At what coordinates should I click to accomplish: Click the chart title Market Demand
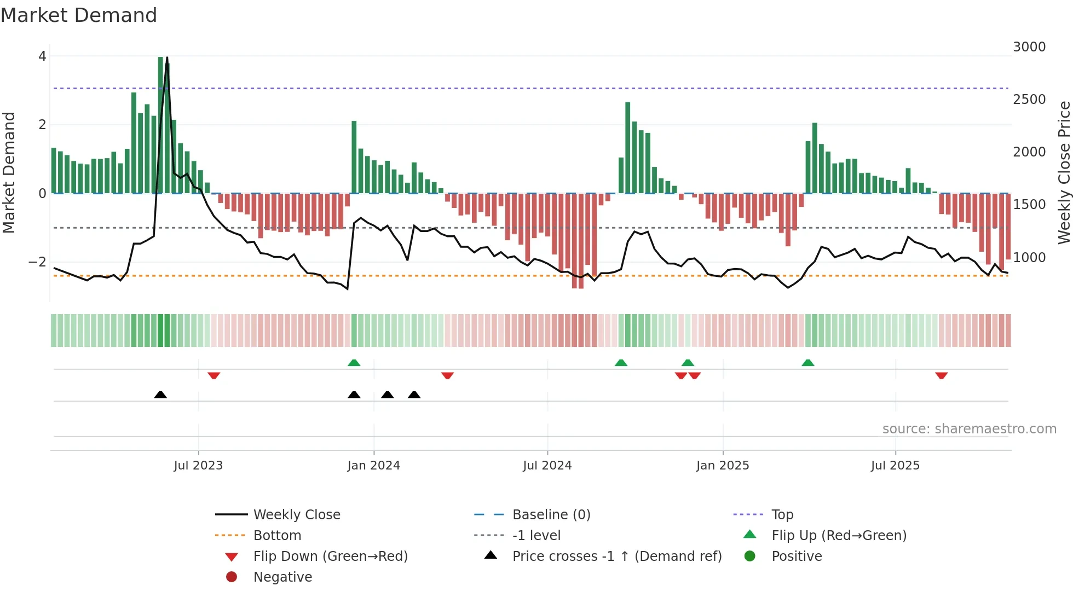(79, 15)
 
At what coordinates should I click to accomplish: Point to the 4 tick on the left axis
(42, 56)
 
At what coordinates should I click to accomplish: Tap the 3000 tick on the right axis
(1029, 47)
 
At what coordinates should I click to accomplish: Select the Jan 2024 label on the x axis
(373, 466)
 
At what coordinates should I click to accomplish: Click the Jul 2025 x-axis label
(895, 466)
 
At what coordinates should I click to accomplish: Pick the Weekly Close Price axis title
(1064, 172)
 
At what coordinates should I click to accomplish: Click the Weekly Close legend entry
(296, 515)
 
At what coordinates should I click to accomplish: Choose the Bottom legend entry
(277, 536)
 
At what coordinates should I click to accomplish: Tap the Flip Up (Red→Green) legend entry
(838, 536)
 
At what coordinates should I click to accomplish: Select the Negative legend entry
(282, 577)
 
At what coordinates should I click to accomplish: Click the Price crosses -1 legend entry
(616, 556)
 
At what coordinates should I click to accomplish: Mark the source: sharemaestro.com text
(969, 429)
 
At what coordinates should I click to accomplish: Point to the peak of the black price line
(167, 58)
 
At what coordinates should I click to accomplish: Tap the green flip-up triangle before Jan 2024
(354, 363)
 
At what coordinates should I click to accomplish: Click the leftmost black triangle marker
(160, 395)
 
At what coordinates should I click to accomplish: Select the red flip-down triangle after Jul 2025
(941, 375)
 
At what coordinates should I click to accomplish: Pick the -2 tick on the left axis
(38, 262)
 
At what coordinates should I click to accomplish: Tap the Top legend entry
(782, 515)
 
